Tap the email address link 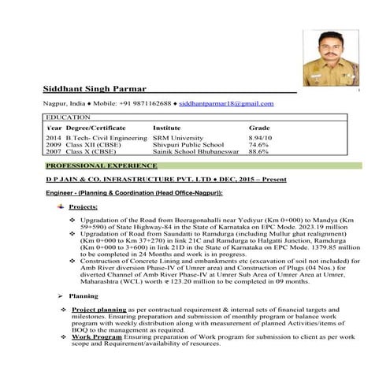click(226, 103)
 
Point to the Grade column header click(259, 127)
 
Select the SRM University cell click(178, 137)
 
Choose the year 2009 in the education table click(53, 145)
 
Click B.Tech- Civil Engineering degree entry click(106, 137)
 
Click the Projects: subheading click(84, 206)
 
